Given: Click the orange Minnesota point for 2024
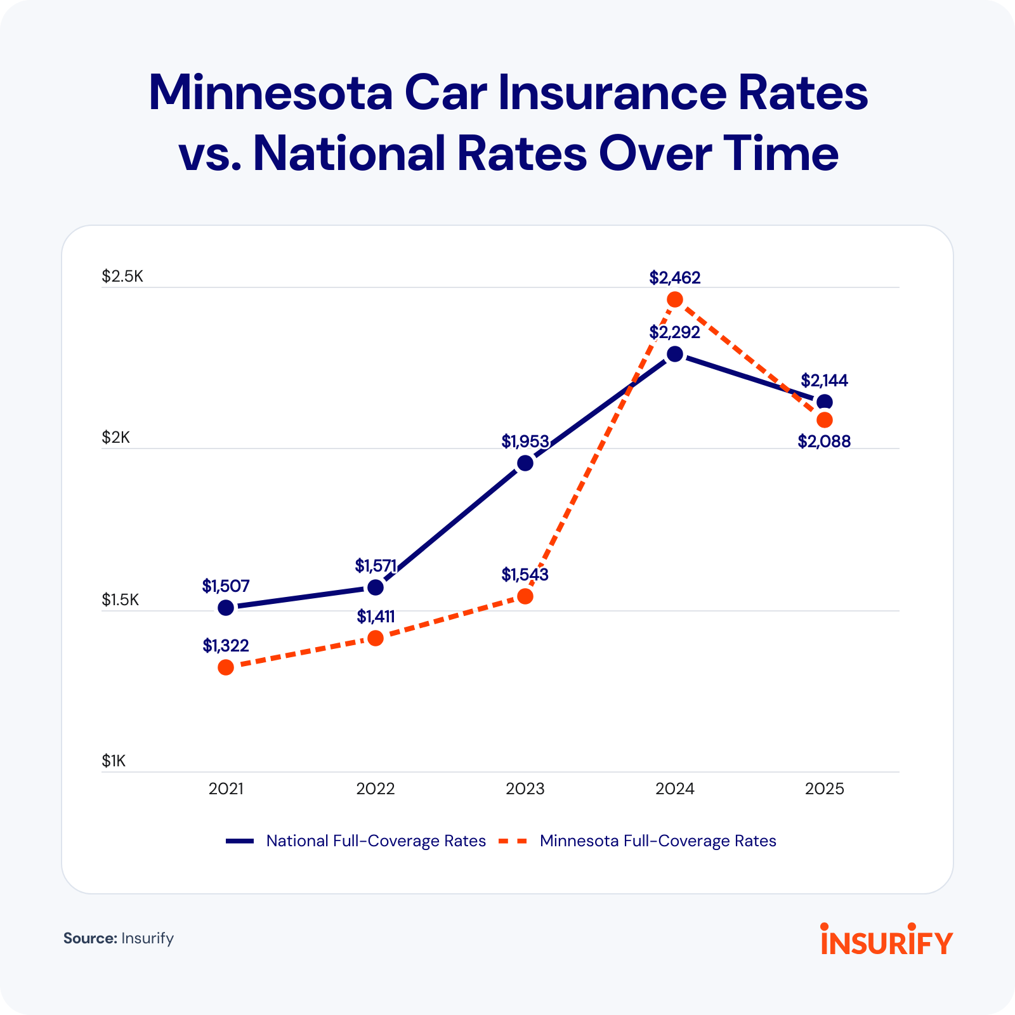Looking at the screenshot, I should pos(675,299).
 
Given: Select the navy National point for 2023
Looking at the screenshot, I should pos(525,463).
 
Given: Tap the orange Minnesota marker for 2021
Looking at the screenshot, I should pos(226,667).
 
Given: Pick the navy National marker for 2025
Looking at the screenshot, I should pos(825,402).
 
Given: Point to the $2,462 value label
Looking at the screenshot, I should pos(675,278).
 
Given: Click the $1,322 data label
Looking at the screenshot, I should pos(226,646).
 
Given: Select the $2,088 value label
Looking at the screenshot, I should pos(824,442).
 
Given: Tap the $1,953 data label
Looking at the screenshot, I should pos(525,442).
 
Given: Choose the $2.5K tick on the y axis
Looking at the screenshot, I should pos(123,277).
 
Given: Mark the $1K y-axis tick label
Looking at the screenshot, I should pos(114,761).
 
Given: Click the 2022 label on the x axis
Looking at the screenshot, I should pos(376,789).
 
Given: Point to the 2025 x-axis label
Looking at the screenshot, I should pos(825,789).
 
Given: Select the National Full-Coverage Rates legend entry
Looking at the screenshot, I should pos(376,841).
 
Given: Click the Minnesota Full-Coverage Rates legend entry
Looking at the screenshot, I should pos(658,841).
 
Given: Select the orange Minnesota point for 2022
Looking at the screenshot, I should pos(376,638).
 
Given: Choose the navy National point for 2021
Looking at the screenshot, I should pos(226,608).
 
